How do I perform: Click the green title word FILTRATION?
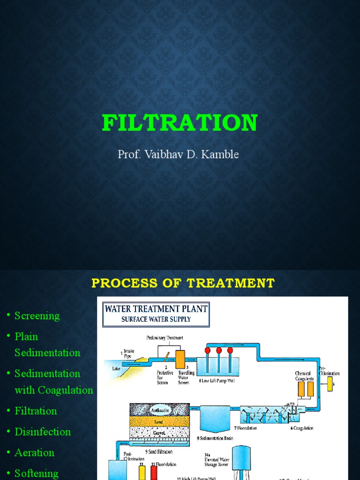coord(180,123)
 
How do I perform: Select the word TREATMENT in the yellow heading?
coord(231,283)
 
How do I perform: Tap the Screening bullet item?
coord(37,315)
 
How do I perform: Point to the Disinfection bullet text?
coord(43,432)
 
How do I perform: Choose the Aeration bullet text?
coord(34,452)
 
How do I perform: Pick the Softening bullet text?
coord(37,473)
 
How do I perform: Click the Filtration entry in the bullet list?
coord(36,411)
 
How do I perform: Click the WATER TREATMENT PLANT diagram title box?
coord(156,314)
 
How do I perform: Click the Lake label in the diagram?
coord(117,368)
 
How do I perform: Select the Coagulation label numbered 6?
coord(302,428)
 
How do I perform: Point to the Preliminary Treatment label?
coord(165,337)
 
